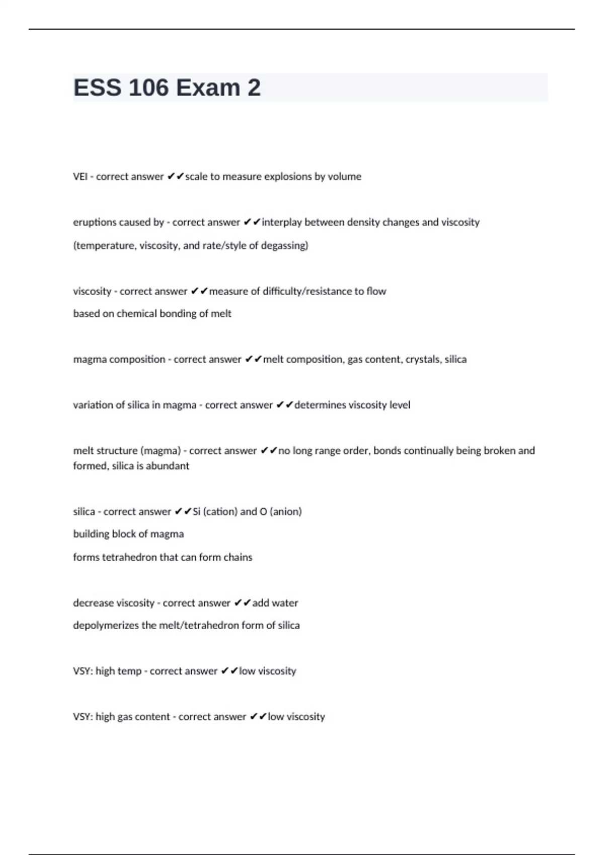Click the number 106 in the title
coord(148,88)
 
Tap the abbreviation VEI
coord(80,177)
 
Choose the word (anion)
coord(286,511)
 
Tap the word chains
coord(238,557)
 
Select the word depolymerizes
coord(106,626)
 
